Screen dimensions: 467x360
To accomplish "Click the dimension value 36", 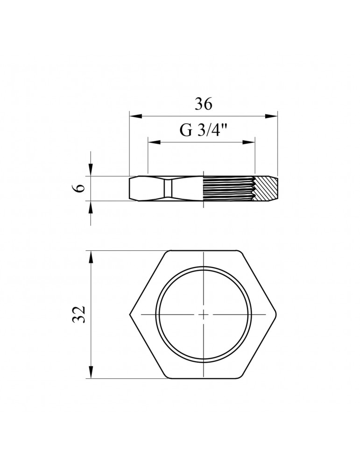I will tap(204, 104).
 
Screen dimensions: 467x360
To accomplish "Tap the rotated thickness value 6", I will tap(80, 188).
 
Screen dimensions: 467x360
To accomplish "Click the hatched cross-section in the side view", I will tap(265, 189).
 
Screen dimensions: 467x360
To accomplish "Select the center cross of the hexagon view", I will tap(204, 314).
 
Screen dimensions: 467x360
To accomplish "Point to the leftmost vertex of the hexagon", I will tap(129, 314).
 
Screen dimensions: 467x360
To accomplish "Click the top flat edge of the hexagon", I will tap(204, 251).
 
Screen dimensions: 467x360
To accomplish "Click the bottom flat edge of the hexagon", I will tap(204, 378).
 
